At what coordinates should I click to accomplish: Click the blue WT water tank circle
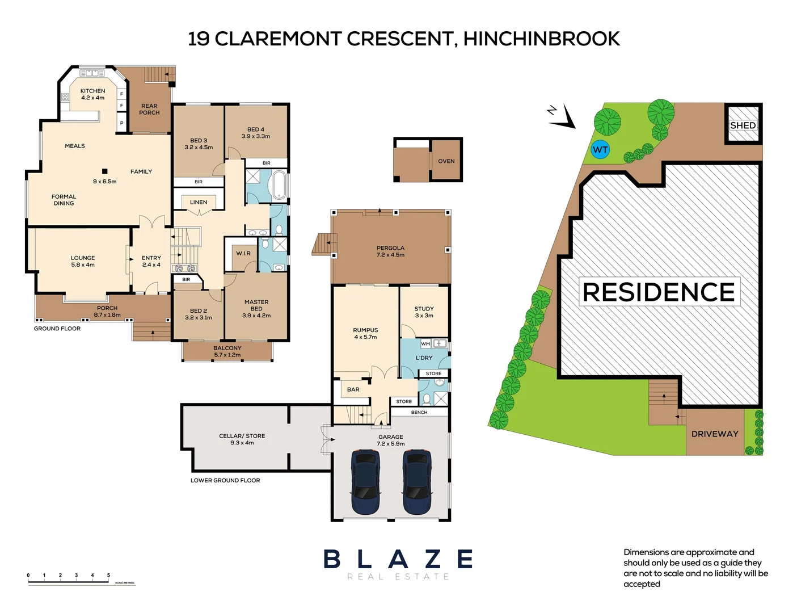point(600,150)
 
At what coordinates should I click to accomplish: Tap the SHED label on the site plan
point(743,125)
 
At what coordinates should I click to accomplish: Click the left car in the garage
point(366,481)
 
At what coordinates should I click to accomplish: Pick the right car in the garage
point(417,481)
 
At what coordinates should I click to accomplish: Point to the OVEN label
point(446,161)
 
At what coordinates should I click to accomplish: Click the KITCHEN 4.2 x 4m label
point(92,94)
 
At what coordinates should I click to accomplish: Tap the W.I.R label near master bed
point(243,253)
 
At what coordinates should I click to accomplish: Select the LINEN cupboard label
point(199,202)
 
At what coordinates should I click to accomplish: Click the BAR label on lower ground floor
point(353,389)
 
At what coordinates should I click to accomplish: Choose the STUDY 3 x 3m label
point(424,312)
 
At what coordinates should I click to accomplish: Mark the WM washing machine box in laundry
point(425,344)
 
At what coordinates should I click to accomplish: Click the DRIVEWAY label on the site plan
point(715,434)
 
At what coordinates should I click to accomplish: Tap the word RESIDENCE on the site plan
point(659,292)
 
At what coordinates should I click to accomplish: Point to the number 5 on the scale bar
point(108,576)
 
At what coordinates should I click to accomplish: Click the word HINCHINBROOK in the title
point(541,39)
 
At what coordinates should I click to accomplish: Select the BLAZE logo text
point(398,559)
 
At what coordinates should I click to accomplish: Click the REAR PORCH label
point(149,109)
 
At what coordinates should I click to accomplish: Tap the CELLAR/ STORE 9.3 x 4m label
point(242,439)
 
